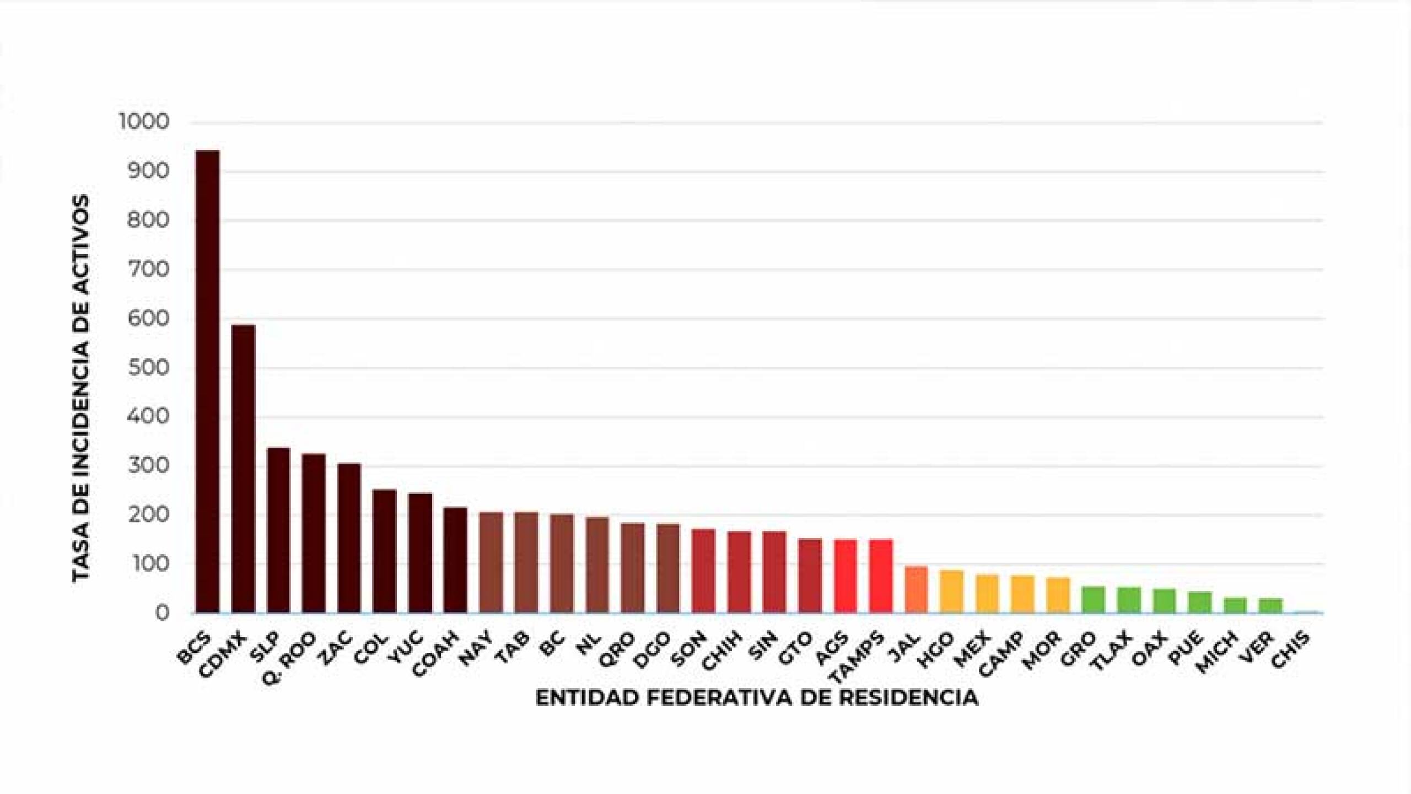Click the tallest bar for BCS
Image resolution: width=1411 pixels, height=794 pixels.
[x=208, y=382]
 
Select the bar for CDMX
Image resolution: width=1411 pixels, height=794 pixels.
[x=243, y=469]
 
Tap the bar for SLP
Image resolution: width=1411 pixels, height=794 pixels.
[x=278, y=530]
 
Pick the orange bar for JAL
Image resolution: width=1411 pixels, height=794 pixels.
[x=916, y=589]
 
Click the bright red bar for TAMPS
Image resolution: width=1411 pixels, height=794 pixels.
[x=881, y=576]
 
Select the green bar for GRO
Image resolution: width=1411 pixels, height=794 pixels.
[x=1093, y=599]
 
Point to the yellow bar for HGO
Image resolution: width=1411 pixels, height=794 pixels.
[x=951, y=592]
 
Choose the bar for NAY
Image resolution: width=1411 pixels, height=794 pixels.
[x=491, y=562]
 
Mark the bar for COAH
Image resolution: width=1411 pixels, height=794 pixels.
[x=455, y=560]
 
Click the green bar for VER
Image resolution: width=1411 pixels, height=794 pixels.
[x=1270, y=605]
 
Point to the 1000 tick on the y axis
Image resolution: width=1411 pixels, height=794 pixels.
[x=143, y=122]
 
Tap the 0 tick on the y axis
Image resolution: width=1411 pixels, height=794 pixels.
[x=161, y=613]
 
